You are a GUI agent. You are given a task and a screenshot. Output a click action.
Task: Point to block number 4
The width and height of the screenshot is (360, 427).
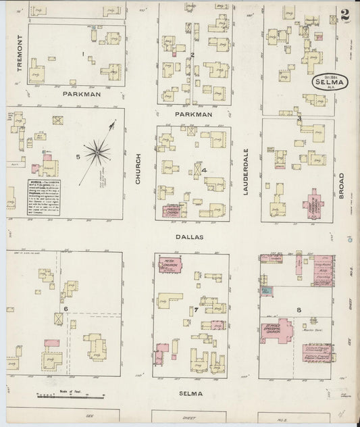coord(203,170)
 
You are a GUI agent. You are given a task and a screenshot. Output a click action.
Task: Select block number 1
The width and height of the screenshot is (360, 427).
coord(82,53)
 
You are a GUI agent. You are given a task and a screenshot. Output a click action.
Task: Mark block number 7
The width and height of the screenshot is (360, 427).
coord(196,310)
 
